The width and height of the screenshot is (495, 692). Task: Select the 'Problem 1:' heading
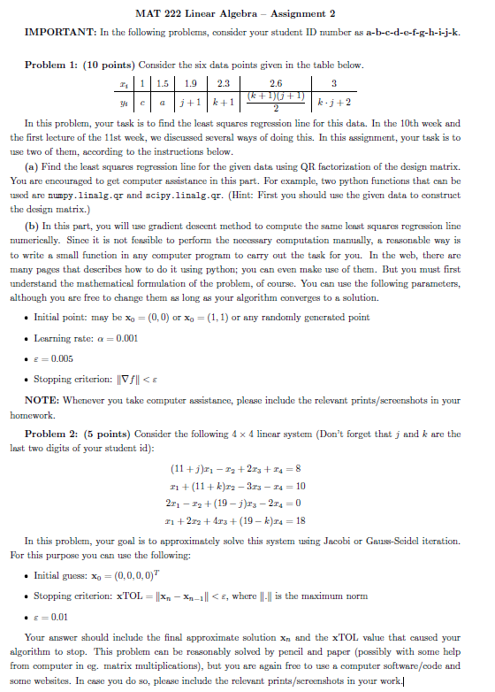(x=54, y=66)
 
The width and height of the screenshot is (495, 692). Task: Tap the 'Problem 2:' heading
(x=54, y=434)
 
